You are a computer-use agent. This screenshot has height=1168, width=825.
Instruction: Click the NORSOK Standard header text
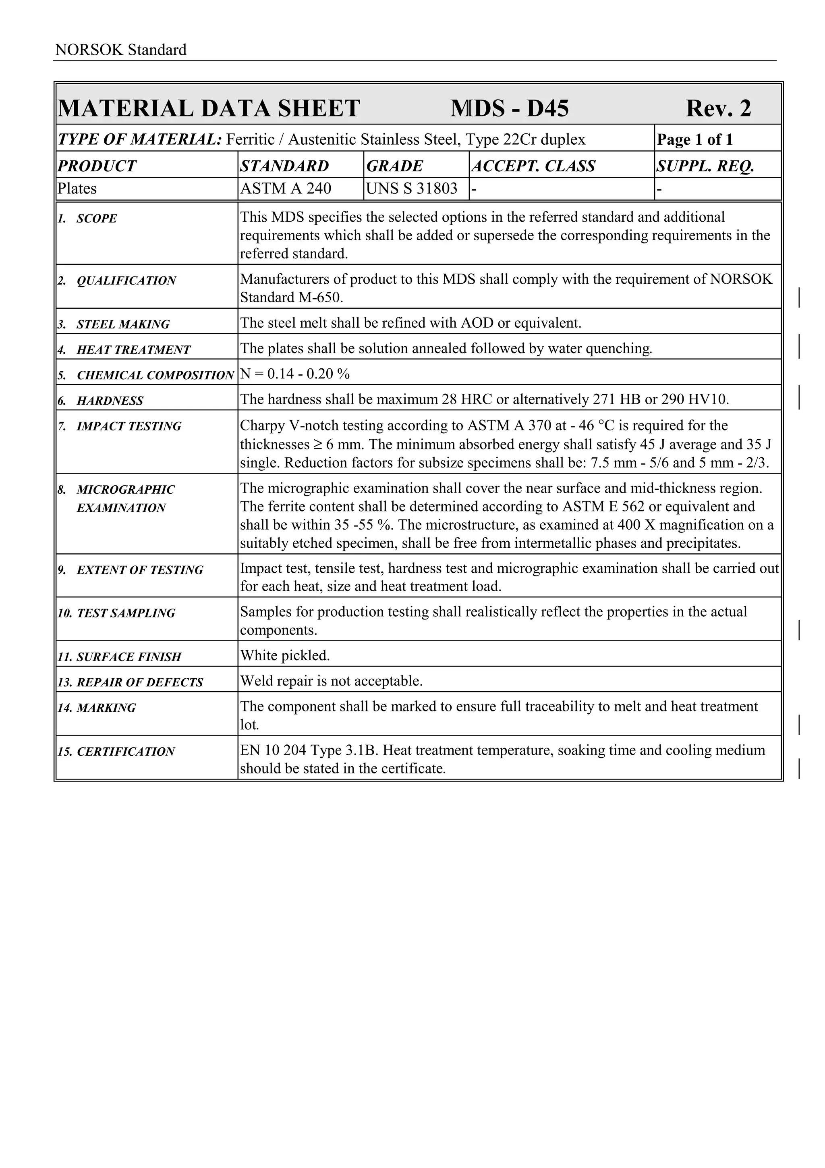click(x=120, y=50)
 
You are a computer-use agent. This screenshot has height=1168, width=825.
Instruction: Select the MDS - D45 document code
click(x=509, y=108)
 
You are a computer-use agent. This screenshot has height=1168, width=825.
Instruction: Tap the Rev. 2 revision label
click(x=718, y=108)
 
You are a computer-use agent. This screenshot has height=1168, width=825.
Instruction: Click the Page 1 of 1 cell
click(x=694, y=139)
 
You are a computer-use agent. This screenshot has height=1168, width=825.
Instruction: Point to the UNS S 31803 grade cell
click(x=412, y=189)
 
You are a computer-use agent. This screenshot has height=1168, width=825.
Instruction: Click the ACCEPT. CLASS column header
click(x=533, y=166)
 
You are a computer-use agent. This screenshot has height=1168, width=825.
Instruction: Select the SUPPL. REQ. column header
click(x=705, y=166)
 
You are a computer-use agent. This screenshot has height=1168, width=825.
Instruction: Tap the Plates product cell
click(x=77, y=189)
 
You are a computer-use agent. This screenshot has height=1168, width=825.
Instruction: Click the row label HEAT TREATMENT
click(x=133, y=350)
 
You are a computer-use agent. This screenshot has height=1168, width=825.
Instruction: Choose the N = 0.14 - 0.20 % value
click(x=295, y=374)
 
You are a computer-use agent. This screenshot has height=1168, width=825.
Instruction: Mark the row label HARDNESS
click(x=110, y=401)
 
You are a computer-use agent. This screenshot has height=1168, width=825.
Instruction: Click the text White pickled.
click(x=285, y=655)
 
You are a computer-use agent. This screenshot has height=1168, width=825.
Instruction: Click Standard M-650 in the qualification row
click(x=291, y=297)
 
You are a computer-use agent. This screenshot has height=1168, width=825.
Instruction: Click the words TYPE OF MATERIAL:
click(x=140, y=139)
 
